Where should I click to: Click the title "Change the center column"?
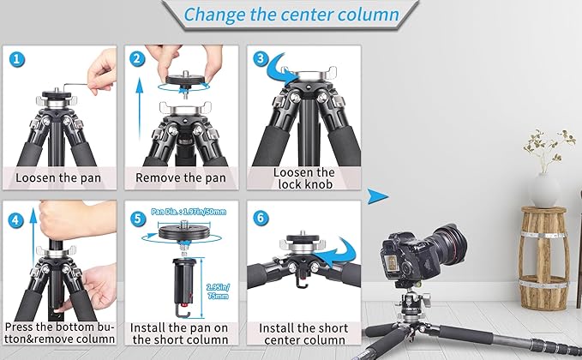[x=291, y=15]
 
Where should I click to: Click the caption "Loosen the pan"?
[x=58, y=177]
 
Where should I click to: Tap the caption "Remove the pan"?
[x=181, y=177]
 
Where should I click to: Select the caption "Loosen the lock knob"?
[x=303, y=177]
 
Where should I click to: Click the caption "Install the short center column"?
[x=303, y=335]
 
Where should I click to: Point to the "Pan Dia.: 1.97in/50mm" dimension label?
[x=182, y=210]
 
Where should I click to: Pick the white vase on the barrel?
[x=545, y=188]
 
